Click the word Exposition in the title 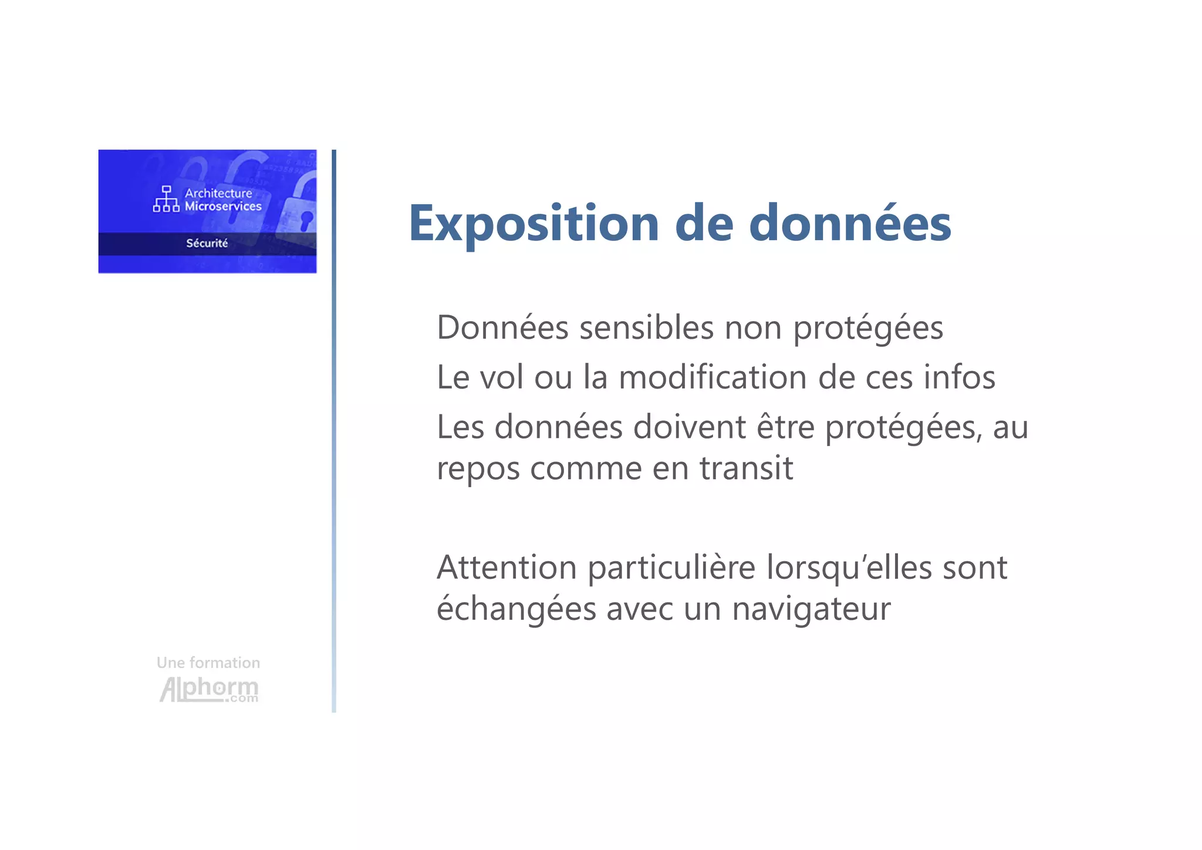coord(534,224)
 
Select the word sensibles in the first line coord(646,328)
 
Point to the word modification coord(713,377)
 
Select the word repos coord(478,469)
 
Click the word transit coord(746,468)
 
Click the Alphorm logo coord(209,689)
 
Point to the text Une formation coord(208,663)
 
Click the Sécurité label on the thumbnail coord(207,243)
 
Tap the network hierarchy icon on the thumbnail coord(166,199)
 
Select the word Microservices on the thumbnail coord(223,206)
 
